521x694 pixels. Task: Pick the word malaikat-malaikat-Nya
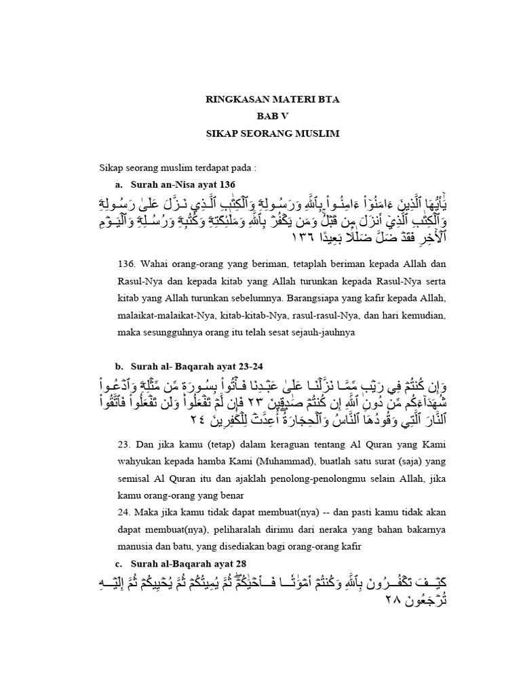pos(163,316)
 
